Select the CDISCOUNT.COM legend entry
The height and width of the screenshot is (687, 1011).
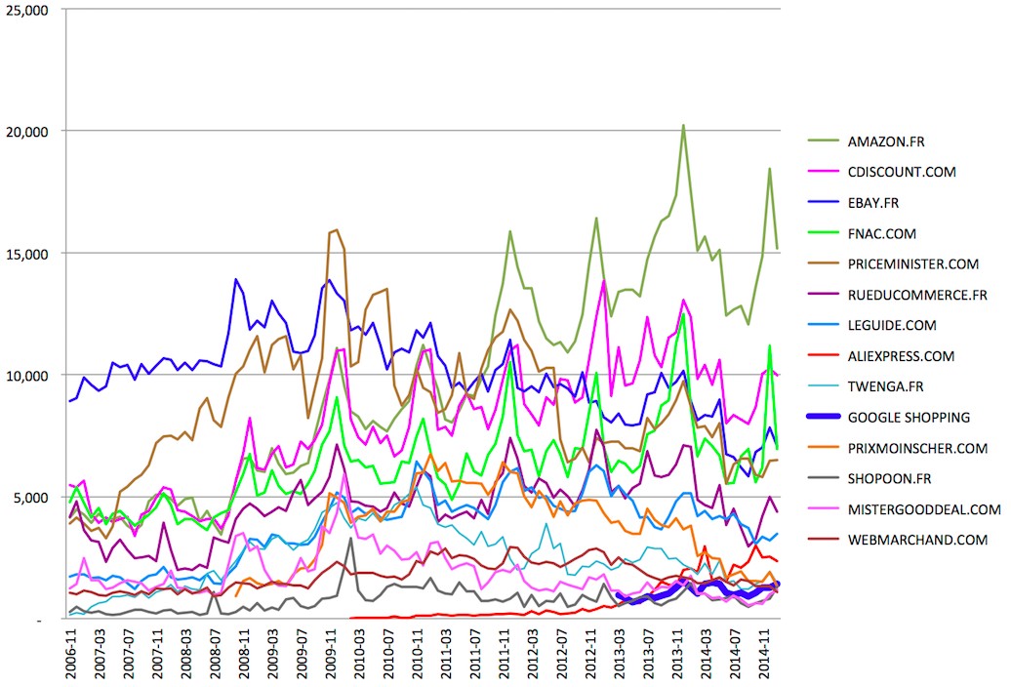click(x=901, y=172)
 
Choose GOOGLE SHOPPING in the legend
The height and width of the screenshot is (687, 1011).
click(x=909, y=418)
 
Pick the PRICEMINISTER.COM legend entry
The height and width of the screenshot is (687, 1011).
click(x=912, y=263)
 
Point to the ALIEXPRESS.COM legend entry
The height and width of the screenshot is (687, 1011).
click(x=902, y=356)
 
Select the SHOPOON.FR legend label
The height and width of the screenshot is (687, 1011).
click(x=890, y=478)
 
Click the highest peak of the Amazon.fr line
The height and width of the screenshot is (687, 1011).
click(x=683, y=125)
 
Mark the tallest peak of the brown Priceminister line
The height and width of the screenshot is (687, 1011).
click(x=337, y=229)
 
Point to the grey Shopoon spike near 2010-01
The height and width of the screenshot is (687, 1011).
click(x=351, y=538)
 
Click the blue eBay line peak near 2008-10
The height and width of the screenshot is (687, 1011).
click(x=235, y=279)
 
